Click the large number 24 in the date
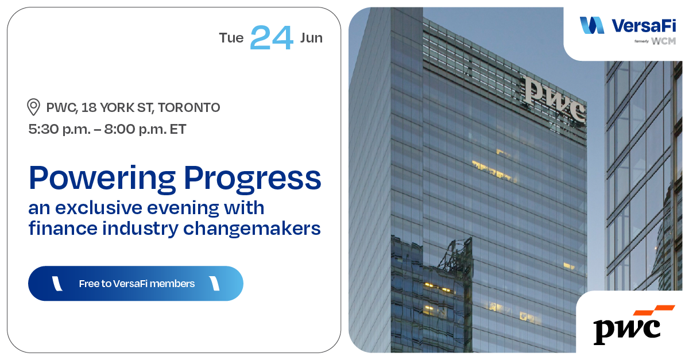tap(272, 38)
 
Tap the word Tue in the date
tap(231, 38)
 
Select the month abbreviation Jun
tap(311, 38)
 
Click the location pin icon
tap(34, 107)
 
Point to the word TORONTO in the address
tap(189, 107)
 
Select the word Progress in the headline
tap(249, 179)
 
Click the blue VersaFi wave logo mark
tap(592, 25)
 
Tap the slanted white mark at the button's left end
tap(57, 283)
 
